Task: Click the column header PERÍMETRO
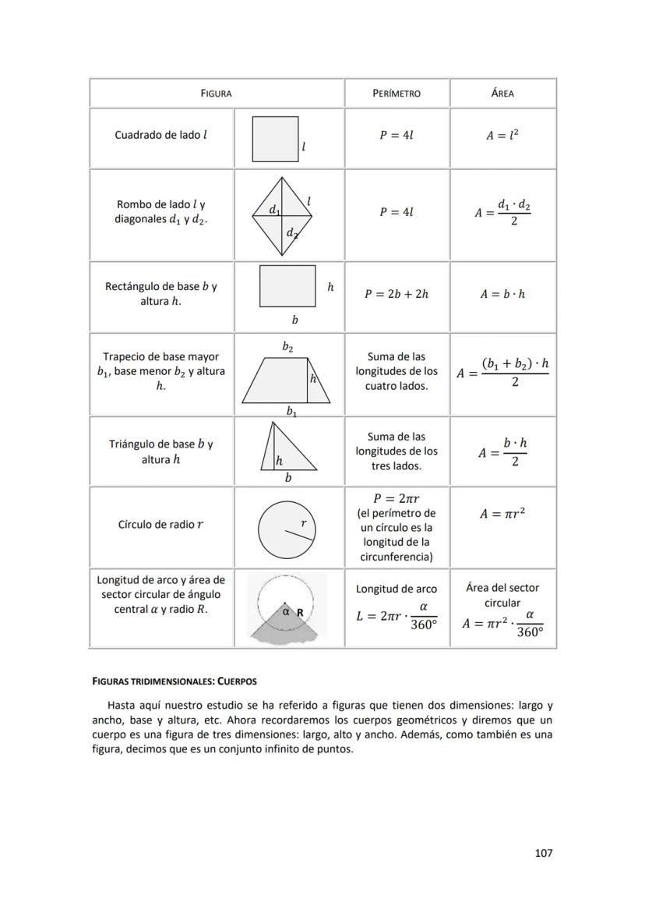point(397,94)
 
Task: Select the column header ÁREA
point(502,94)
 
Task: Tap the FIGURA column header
point(216,94)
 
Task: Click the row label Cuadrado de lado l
point(161,135)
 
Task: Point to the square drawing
point(275,139)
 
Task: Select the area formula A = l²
point(502,135)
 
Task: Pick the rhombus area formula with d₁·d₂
point(502,213)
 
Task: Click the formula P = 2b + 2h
point(397,294)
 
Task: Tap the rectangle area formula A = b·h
point(502,294)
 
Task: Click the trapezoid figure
point(291,380)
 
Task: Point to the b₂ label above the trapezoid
point(287,346)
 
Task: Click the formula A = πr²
point(502,514)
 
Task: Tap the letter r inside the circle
point(303,523)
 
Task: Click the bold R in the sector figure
point(300,613)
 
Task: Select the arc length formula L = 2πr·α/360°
point(397,616)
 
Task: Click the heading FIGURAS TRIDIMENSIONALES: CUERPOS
point(174,681)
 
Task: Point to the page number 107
point(543,853)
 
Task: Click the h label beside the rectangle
point(330,287)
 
